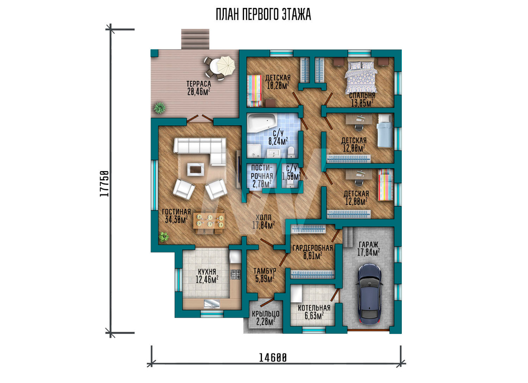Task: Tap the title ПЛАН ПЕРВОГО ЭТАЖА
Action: coord(263,15)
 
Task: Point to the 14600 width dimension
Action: coord(273,357)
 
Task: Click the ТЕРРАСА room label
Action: coord(199,83)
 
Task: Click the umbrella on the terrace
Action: coord(225,66)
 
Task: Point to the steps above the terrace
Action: coord(196,39)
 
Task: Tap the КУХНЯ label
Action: coord(207,272)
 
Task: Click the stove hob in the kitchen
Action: coord(235,274)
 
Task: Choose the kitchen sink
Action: coord(212,304)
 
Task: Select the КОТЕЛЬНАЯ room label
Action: coord(314,308)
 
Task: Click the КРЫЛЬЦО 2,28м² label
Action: coord(266,317)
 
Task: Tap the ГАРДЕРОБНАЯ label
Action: coord(313,248)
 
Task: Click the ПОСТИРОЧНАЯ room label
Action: coord(262,172)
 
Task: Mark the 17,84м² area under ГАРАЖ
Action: coord(369,252)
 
